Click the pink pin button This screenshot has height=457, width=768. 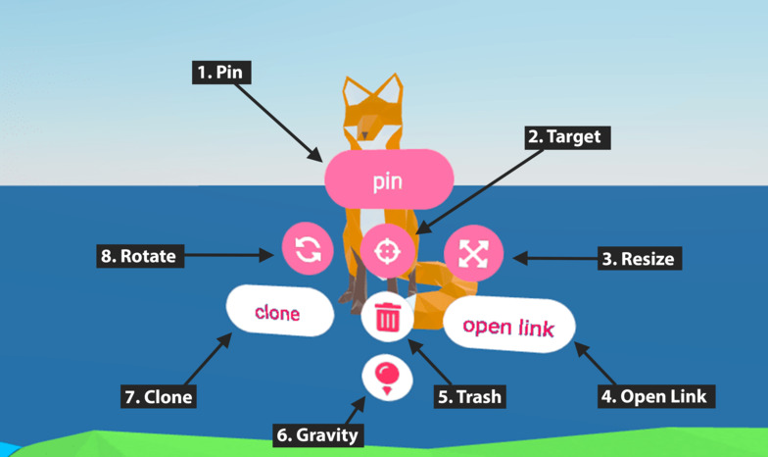(389, 181)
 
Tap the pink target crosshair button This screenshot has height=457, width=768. (387, 251)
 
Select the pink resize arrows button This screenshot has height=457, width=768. (473, 253)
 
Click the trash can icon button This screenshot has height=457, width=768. (388, 317)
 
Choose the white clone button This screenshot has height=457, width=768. (278, 313)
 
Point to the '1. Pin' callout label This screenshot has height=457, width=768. (221, 72)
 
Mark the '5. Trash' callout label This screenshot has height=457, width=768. (469, 396)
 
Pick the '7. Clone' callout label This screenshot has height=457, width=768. (158, 397)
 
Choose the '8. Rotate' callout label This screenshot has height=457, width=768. (137, 258)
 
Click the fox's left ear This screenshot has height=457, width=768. (353, 91)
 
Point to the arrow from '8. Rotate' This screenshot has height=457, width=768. (230, 257)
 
